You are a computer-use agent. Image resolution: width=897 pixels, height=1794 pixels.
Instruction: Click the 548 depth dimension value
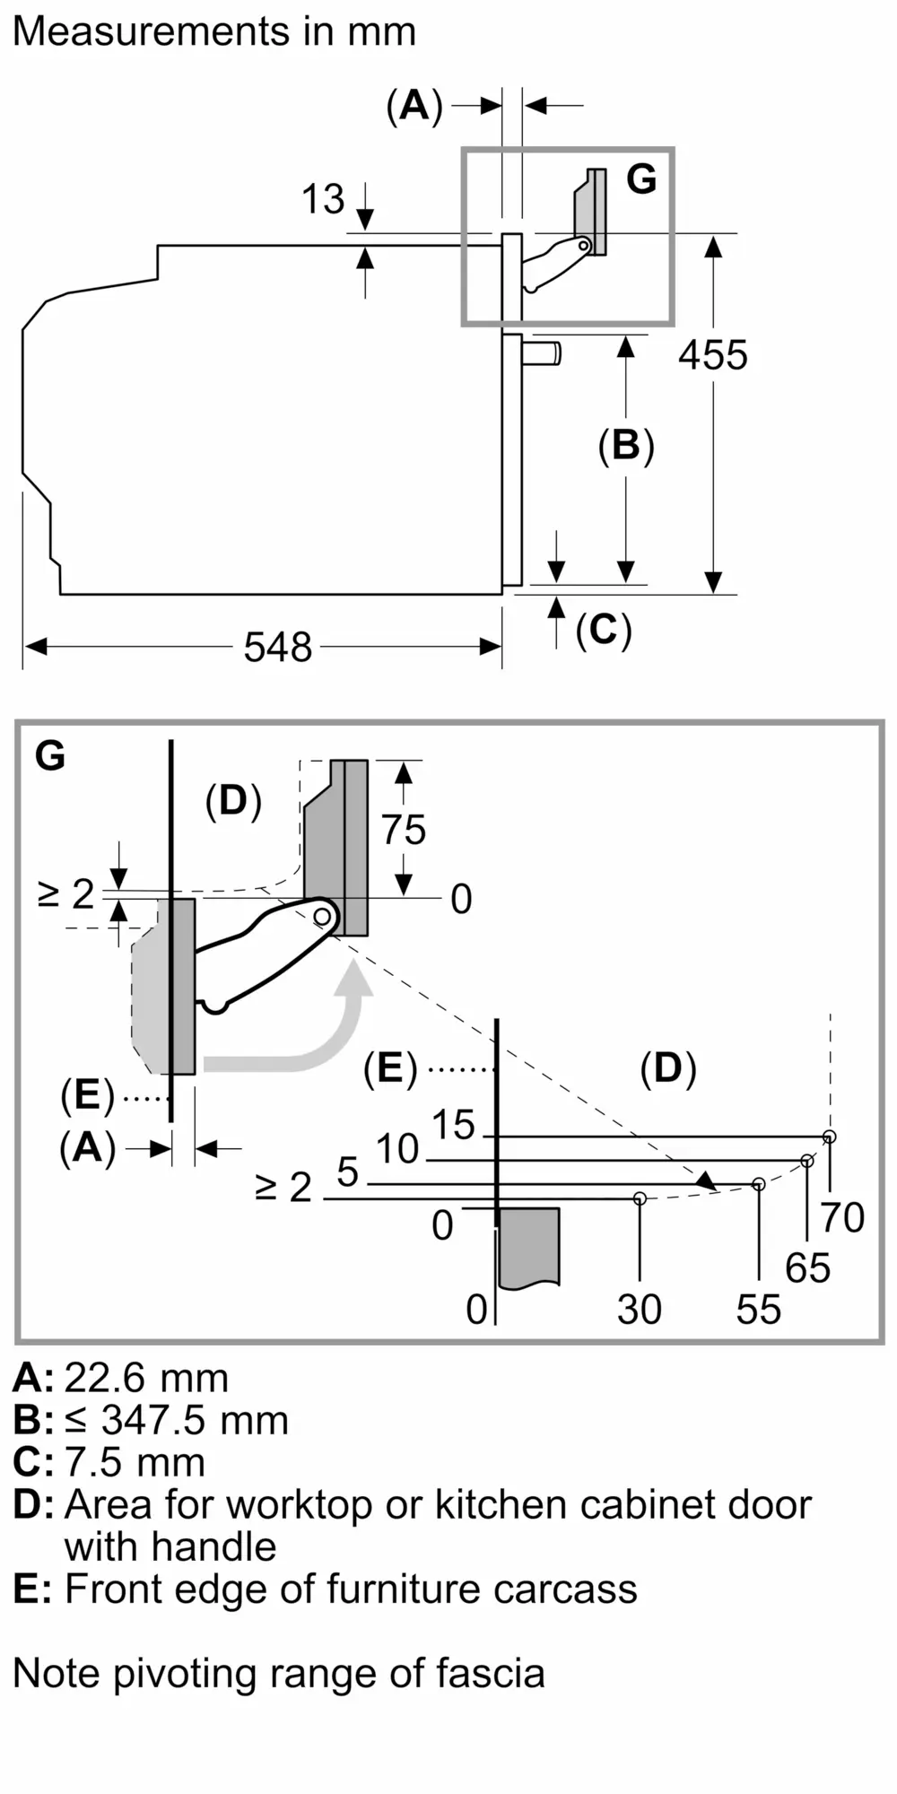[277, 647]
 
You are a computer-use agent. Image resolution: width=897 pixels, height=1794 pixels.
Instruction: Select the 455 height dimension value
[712, 355]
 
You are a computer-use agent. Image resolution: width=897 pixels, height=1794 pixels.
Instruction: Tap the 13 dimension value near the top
[322, 199]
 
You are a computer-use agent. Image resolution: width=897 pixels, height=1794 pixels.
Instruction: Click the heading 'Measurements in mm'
[214, 32]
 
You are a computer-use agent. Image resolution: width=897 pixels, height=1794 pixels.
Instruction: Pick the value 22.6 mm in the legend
[146, 1378]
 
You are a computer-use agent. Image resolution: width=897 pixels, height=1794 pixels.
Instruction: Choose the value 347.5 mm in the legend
[195, 1420]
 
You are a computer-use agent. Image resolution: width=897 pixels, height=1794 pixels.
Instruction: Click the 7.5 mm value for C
[135, 1462]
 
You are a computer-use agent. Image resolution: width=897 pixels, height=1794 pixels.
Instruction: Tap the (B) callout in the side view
[626, 446]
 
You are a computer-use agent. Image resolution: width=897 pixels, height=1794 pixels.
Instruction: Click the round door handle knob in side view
[544, 353]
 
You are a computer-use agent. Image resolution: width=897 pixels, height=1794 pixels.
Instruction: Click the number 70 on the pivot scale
[842, 1217]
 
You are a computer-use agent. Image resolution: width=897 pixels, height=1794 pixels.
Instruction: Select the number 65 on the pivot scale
[807, 1267]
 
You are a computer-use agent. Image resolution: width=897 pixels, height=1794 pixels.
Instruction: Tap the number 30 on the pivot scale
[639, 1310]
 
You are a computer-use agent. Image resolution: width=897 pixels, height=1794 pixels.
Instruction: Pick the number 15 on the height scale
[453, 1125]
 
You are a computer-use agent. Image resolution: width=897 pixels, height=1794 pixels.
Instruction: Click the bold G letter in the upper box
[641, 179]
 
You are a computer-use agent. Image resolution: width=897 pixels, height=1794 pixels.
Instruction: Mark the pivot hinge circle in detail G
[322, 916]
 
